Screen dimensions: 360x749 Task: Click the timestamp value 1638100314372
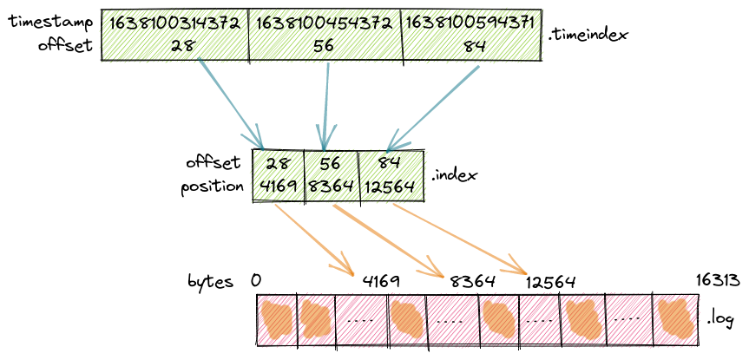click(174, 24)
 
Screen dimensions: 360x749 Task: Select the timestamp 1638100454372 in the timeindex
click(324, 24)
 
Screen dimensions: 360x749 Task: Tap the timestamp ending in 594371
click(474, 24)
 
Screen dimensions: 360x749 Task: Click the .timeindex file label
click(589, 36)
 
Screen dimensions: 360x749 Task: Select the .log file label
click(721, 318)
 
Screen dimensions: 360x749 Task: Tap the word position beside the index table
click(213, 187)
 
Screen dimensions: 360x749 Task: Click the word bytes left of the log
click(211, 282)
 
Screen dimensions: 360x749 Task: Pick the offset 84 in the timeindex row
click(474, 47)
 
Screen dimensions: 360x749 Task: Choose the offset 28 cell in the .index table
click(278, 164)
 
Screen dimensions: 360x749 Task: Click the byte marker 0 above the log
click(256, 282)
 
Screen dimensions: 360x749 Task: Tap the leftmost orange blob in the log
click(277, 319)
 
